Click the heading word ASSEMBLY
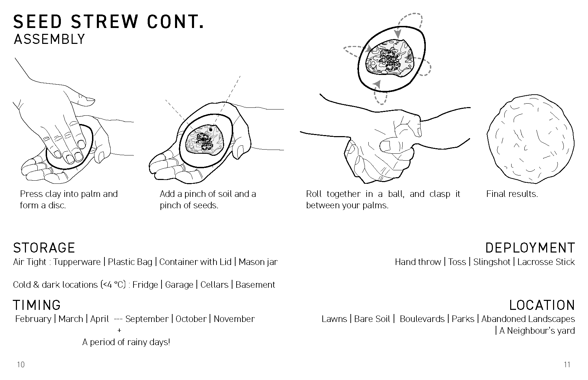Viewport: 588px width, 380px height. point(49,39)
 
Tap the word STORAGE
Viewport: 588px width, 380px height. point(44,248)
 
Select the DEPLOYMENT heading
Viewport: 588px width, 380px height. point(530,248)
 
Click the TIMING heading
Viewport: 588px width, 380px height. point(37,305)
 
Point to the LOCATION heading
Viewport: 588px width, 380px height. point(542,305)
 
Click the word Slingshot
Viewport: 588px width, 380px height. point(491,262)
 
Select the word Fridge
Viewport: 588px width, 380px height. point(145,285)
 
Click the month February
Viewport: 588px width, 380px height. point(33,319)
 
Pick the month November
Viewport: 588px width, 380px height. point(234,319)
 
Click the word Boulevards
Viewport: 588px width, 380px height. point(422,319)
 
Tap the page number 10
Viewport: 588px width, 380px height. point(21,364)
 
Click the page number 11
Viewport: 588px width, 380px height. point(567,364)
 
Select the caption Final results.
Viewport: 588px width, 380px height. point(512,194)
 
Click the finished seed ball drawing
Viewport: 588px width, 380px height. point(530,142)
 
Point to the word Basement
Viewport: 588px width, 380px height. point(255,285)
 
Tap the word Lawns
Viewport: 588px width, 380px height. point(334,319)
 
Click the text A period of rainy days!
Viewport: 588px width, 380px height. point(126,342)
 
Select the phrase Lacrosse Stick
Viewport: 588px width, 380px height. point(546,262)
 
